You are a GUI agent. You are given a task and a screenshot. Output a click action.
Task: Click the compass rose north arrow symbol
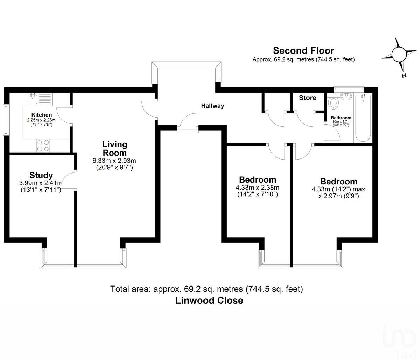[399, 55]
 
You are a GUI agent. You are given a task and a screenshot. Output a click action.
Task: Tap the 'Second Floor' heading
[303, 51]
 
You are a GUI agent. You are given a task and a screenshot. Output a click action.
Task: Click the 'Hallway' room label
[212, 106]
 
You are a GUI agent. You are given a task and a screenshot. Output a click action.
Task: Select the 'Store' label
[308, 98]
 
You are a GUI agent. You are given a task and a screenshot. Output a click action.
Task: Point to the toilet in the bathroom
[334, 103]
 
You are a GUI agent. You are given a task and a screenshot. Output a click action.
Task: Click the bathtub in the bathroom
[363, 118]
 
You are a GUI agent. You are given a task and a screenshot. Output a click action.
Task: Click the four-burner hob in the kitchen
[43, 146]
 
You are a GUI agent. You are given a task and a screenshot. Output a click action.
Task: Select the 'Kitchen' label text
[42, 115]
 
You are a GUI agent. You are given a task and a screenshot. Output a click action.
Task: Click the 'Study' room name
[41, 175]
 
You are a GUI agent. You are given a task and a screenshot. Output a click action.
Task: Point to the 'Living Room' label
[114, 148]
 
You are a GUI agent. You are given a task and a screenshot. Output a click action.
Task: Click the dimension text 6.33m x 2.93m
[114, 161]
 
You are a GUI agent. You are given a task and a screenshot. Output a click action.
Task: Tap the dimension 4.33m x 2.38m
[257, 188]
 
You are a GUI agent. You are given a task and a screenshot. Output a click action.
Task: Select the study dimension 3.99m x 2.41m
[41, 183]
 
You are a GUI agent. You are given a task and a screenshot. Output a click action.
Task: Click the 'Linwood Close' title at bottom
[209, 301]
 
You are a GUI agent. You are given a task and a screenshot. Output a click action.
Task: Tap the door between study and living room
[70, 180]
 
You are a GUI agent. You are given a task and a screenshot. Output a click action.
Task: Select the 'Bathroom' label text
[341, 118]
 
